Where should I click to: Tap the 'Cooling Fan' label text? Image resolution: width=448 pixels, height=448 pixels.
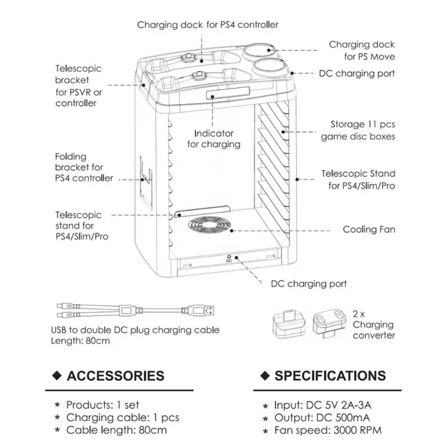tap(369, 230)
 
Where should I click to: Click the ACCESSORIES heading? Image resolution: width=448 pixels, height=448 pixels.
tap(115, 376)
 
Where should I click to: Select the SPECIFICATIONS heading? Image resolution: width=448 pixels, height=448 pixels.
tap(330, 376)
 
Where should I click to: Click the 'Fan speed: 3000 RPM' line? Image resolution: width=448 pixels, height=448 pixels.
tap(328, 430)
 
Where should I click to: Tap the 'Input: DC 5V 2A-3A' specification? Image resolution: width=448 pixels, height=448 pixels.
tap(323, 405)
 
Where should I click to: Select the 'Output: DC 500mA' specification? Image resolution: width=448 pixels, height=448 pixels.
tap(323, 418)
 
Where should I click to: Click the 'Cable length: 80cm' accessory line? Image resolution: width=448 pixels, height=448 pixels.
tap(116, 430)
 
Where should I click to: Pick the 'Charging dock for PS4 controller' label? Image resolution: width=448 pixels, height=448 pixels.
tap(208, 25)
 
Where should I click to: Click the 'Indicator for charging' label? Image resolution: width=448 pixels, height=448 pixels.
tap(214, 139)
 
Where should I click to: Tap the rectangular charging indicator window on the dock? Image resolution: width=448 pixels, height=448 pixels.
tap(228, 93)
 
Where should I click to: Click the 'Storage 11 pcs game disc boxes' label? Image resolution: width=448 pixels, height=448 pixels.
tap(358, 130)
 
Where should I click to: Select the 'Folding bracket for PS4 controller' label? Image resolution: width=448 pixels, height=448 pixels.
tap(84, 167)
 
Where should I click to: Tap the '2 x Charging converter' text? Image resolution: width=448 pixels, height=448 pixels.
tap(374, 325)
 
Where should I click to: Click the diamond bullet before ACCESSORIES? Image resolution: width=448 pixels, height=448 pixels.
tap(57, 375)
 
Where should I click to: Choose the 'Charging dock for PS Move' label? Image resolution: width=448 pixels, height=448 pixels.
tap(362, 50)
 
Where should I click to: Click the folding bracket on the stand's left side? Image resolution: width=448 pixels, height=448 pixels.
tap(146, 183)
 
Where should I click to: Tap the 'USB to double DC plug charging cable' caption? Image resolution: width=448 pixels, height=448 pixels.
tap(135, 330)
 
